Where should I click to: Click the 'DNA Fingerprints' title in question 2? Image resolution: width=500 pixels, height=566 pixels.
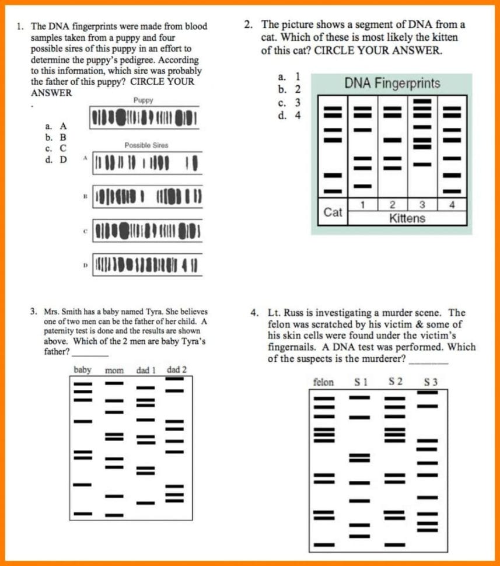(391, 83)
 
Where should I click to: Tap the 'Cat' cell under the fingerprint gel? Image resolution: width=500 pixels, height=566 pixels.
(333, 212)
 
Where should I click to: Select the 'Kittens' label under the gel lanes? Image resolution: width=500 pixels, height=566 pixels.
(408, 219)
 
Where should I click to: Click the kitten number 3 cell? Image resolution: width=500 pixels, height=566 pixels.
(422, 204)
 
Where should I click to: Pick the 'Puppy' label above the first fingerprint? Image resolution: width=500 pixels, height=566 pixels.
(143, 100)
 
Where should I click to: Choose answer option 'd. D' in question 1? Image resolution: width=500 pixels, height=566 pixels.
(56, 159)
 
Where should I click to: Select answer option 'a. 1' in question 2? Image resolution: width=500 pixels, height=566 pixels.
(289, 76)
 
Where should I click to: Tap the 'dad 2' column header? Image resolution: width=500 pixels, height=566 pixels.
(177, 369)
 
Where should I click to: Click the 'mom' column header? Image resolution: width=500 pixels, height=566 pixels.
(114, 371)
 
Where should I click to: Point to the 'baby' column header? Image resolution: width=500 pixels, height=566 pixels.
(82, 370)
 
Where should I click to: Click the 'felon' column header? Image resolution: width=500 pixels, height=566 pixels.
(323, 383)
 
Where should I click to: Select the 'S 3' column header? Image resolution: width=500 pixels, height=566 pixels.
(431, 383)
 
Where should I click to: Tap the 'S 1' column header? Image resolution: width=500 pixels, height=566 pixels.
(361, 383)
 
